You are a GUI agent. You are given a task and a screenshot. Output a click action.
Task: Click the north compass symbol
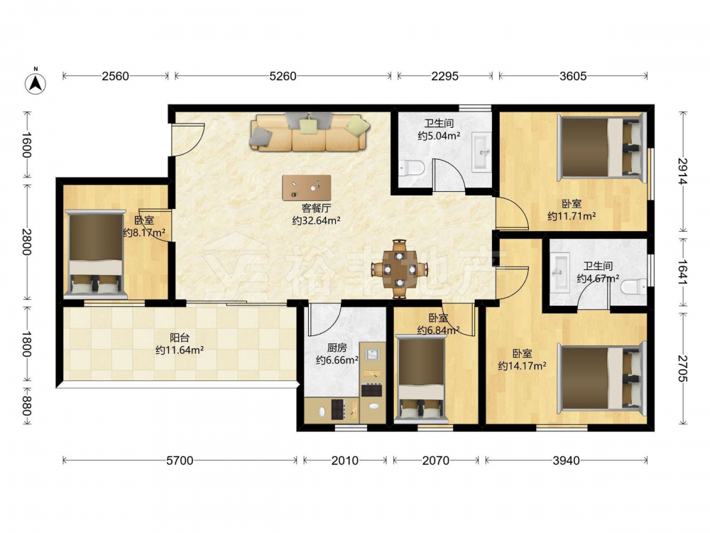(x=35, y=82)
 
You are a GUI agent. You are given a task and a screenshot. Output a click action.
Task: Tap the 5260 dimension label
(x=283, y=76)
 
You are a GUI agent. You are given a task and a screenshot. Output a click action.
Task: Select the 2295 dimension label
(x=444, y=76)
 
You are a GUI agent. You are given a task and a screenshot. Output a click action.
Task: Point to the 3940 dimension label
(x=566, y=461)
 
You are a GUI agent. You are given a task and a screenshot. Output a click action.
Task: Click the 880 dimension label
(x=26, y=406)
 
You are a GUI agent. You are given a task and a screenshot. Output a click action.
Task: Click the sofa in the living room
(x=310, y=132)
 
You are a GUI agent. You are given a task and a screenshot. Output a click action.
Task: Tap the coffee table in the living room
(x=307, y=188)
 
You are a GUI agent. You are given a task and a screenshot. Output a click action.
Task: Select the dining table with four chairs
(x=399, y=269)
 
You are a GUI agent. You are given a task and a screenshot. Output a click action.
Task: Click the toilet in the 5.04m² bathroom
(x=412, y=168)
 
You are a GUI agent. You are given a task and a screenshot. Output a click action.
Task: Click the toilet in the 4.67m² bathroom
(x=634, y=286)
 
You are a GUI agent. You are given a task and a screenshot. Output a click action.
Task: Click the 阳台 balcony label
(x=180, y=338)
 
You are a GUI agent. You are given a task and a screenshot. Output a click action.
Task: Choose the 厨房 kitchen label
(x=337, y=348)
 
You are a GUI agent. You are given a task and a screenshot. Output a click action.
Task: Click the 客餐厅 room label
(x=316, y=208)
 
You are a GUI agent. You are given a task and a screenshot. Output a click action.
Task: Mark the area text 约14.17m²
(x=522, y=365)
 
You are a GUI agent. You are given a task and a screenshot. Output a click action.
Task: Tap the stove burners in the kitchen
(x=372, y=389)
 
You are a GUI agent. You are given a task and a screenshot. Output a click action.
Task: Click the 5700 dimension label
(x=180, y=461)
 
